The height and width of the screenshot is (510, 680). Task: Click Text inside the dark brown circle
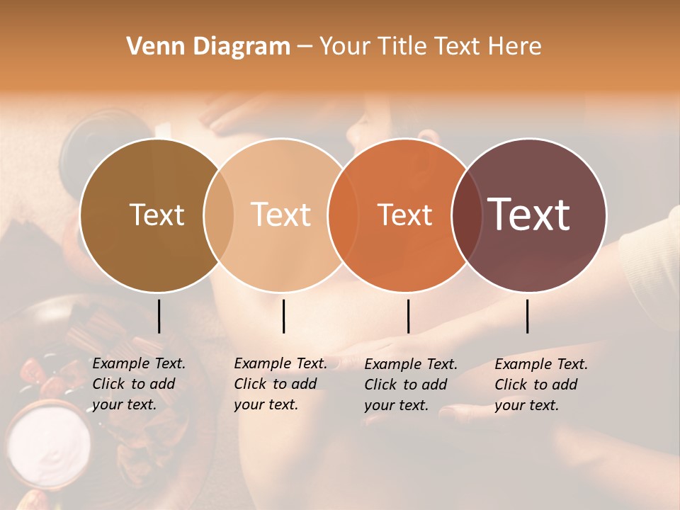point(157,215)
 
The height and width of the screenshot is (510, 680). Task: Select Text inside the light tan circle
point(281,215)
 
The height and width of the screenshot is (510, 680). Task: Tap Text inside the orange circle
point(404,215)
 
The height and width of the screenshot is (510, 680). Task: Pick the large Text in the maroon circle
point(529,215)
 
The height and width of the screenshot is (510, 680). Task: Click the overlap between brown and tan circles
point(218,215)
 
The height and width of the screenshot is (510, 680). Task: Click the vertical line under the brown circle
point(159,316)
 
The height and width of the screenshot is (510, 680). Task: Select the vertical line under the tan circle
point(283,316)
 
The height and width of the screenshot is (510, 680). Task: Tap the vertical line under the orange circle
point(408,316)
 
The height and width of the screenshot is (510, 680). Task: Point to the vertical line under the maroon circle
point(527,316)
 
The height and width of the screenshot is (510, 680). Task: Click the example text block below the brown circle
point(139,384)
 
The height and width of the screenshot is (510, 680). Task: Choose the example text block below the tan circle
point(280,384)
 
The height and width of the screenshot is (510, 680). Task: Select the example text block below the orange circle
point(411,385)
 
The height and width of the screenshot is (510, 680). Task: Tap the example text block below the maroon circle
point(541,385)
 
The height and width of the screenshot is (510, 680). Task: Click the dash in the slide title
point(305,47)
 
